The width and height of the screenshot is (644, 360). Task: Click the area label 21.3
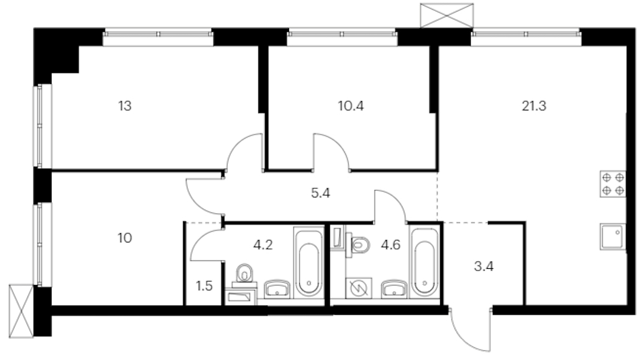(x=534, y=106)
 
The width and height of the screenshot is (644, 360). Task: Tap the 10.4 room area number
(x=351, y=106)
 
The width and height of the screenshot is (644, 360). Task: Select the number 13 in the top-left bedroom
(x=125, y=106)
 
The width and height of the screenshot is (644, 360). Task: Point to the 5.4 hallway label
(x=320, y=193)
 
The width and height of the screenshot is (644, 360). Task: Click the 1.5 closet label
(x=204, y=286)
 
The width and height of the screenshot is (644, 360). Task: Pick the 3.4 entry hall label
(x=484, y=266)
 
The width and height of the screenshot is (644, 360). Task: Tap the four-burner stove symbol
(x=613, y=184)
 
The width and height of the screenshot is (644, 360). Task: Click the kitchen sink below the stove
(x=613, y=236)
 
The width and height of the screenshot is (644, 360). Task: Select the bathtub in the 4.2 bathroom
(x=308, y=262)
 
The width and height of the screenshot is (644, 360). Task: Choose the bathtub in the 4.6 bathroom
(x=425, y=262)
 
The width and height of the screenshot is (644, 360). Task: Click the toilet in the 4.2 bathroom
(x=245, y=275)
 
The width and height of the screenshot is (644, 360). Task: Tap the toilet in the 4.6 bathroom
(x=357, y=245)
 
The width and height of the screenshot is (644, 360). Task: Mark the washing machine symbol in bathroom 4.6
(x=359, y=287)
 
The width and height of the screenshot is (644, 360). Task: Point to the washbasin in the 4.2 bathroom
(x=277, y=289)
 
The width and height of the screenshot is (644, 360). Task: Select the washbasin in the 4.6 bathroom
(x=395, y=289)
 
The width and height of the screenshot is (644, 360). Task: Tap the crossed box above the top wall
(x=447, y=15)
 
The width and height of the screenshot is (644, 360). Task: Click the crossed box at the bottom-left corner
(x=21, y=311)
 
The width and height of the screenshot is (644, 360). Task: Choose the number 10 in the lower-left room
(x=125, y=238)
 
